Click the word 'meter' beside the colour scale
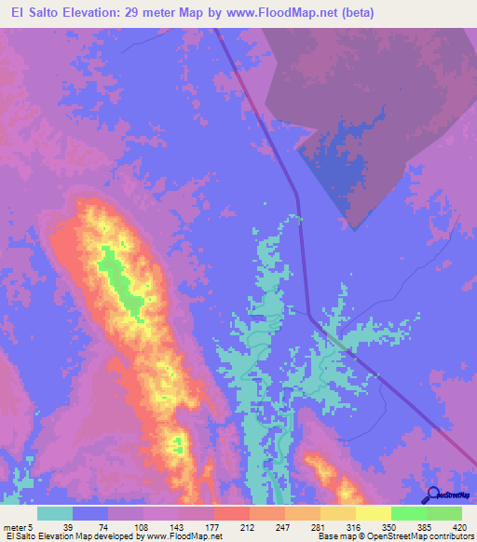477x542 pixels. click(16, 526)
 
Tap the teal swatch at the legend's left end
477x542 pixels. click(55, 513)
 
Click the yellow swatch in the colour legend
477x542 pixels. click(374, 513)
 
